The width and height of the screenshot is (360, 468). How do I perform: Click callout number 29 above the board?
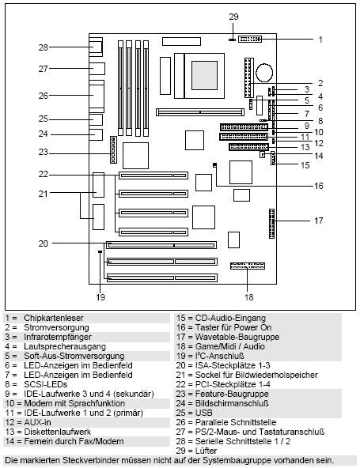tap(233, 16)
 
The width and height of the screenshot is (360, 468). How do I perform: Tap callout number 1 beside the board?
tap(320, 38)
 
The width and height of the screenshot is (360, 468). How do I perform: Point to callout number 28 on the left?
tap(44, 47)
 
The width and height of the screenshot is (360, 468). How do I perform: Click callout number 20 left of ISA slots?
tap(44, 243)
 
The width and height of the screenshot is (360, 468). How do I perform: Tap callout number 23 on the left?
tap(44, 152)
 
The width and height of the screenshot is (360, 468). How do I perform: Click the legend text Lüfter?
tap(208, 450)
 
